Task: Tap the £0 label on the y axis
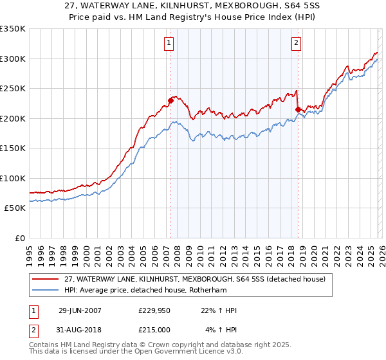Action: [x=19, y=238]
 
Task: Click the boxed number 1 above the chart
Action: [x=169, y=44]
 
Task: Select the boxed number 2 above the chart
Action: [x=296, y=44]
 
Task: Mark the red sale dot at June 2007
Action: [x=171, y=100]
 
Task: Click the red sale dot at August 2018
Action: [x=298, y=109]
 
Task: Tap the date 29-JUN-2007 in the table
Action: [x=80, y=310]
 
